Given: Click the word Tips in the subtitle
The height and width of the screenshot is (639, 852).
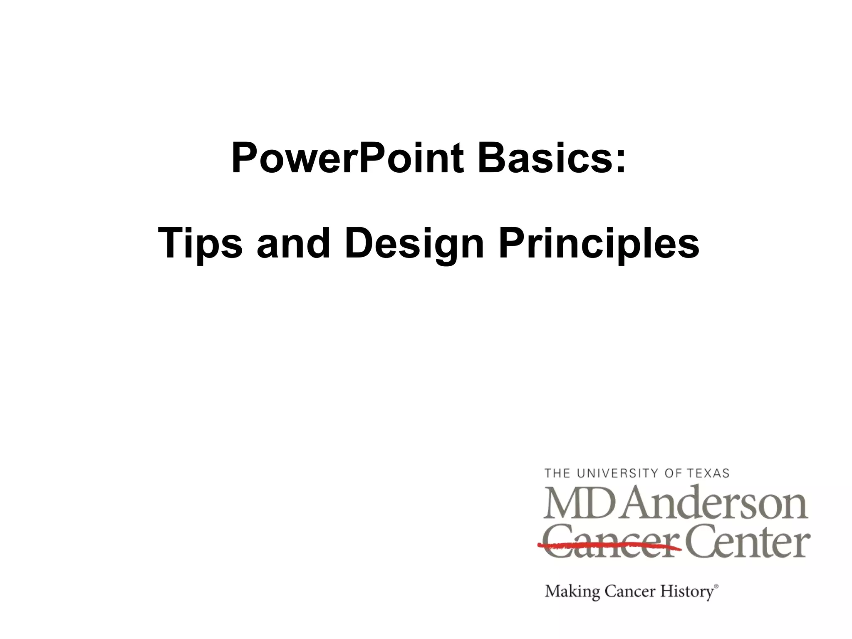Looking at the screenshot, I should (200, 244).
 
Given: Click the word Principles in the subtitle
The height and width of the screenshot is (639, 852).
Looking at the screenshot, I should (599, 244).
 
